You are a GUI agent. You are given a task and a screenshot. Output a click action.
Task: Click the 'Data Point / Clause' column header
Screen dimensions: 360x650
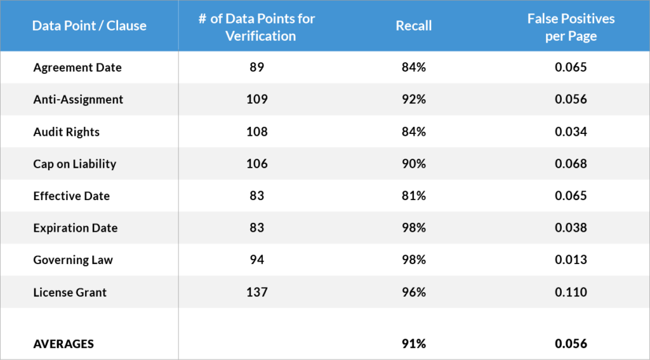click(90, 26)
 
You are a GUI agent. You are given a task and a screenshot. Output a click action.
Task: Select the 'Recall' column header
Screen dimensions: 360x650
click(413, 26)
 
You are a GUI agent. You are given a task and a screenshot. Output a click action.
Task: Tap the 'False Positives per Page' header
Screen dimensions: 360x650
click(571, 27)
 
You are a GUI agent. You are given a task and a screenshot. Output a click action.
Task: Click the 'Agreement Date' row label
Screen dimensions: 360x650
click(77, 67)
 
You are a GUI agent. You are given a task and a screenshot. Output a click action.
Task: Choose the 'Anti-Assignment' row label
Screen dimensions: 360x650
click(78, 100)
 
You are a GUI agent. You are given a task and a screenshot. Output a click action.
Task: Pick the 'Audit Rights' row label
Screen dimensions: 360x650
click(67, 132)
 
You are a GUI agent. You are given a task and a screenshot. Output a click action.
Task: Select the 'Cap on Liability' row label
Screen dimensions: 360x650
click(75, 164)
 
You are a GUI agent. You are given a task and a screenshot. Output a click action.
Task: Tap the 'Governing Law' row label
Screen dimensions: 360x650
click(73, 260)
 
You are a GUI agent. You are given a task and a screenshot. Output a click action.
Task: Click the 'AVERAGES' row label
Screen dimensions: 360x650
click(63, 343)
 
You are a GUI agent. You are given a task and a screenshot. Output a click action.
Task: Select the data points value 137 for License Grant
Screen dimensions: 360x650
click(258, 292)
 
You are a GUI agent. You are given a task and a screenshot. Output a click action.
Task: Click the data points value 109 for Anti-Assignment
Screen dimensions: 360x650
click(258, 100)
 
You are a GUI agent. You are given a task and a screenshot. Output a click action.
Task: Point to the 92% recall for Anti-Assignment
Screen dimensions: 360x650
click(413, 100)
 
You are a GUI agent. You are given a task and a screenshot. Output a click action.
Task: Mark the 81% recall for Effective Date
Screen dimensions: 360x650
click(413, 196)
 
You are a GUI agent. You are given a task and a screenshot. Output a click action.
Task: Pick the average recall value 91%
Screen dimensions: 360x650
click(413, 343)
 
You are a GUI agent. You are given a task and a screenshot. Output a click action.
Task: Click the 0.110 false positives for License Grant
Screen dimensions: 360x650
click(571, 292)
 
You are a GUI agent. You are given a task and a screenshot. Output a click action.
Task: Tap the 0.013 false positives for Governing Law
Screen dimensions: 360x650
click(571, 260)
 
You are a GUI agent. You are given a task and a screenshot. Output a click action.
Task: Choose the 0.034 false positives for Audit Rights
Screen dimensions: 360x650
click(571, 132)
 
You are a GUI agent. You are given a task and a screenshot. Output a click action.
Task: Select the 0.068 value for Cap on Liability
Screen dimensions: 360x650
click(571, 164)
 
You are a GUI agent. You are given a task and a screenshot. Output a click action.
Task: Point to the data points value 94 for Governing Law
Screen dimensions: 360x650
click(258, 260)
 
